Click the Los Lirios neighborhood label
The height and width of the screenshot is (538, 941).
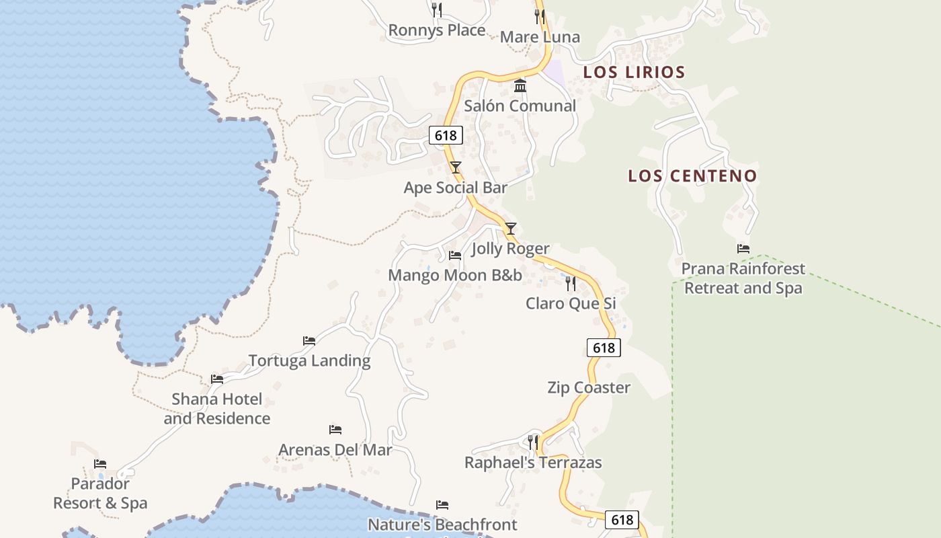634,72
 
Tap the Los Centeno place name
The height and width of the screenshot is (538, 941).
692,176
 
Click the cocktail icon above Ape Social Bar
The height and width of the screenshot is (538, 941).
456,167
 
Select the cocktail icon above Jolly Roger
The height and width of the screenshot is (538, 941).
511,228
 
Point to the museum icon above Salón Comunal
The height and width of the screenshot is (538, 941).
520,86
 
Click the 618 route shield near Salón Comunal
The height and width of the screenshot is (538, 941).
446,135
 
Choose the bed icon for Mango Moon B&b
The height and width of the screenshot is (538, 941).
455,256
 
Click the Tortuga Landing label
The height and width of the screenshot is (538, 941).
309,360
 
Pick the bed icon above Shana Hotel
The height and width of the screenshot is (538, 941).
216,379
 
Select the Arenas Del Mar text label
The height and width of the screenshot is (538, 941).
335,449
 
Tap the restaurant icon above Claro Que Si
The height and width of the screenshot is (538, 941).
571,283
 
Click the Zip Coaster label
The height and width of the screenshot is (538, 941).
589,387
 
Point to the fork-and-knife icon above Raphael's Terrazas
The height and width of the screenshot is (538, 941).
533,442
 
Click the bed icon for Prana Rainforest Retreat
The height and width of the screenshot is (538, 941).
743,249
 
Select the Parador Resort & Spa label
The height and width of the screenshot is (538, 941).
100,493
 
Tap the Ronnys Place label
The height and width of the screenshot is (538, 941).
437,30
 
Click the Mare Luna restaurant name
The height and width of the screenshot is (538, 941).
540,37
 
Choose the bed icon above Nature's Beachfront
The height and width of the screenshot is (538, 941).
442,505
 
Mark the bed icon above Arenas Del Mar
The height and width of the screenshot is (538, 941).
335,430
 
